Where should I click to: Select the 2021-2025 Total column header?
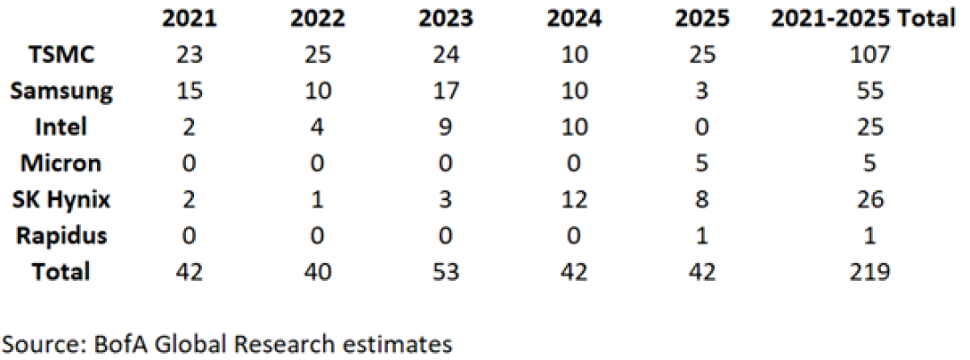(x=864, y=19)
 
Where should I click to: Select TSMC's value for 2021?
(x=190, y=55)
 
